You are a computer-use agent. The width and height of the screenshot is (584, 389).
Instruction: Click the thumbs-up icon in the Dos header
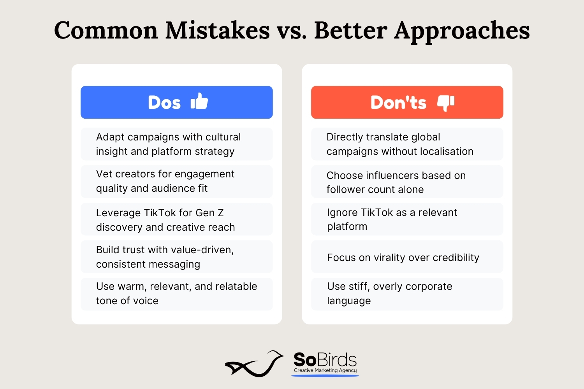(x=199, y=101)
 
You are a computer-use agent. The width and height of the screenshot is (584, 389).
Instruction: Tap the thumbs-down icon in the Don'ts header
(x=446, y=103)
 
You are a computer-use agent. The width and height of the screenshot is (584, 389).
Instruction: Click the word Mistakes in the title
(x=217, y=30)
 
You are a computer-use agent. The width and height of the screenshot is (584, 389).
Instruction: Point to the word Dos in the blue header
(x=164, y=102)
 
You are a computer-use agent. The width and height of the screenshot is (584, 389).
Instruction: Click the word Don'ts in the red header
(x=398, y=102)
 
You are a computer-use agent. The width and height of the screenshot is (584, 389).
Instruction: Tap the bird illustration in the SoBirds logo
(x=255, y=364)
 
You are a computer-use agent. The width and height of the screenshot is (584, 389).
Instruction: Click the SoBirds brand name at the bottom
(x=325, y=359)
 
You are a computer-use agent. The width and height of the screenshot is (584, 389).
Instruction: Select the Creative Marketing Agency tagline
(x=325, y=370)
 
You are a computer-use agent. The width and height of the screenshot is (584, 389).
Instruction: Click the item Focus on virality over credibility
(x=403, y=258)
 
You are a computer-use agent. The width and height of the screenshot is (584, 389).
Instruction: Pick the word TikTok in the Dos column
(x=159, y=213)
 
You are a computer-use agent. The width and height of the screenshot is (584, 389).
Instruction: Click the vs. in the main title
(x=292, y=33)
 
